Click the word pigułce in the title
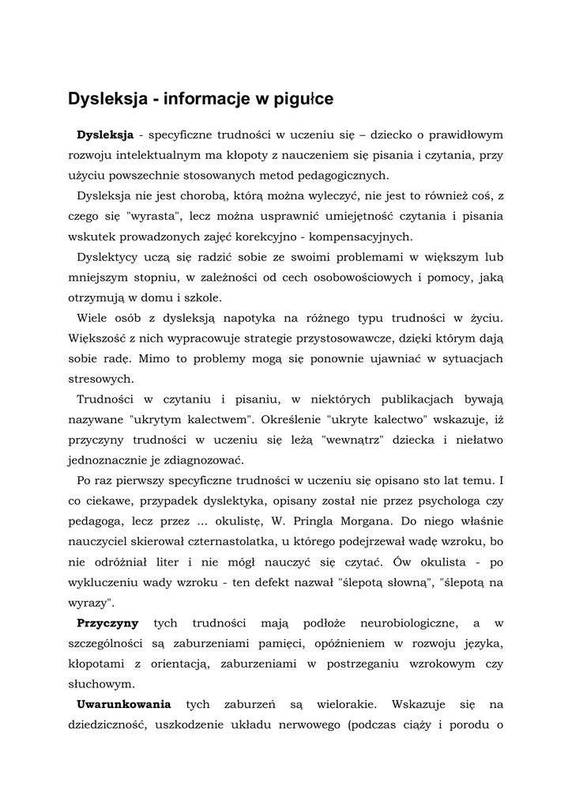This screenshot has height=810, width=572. [303, 99]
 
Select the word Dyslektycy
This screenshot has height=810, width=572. [110, 258]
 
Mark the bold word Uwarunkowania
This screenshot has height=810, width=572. [123, 704]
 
